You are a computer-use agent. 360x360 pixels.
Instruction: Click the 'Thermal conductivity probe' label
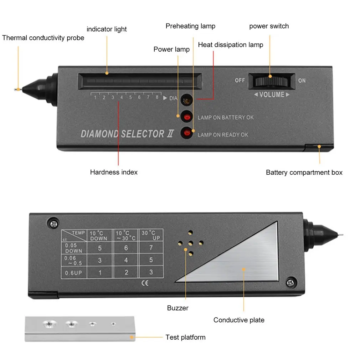click(x=43, y=38)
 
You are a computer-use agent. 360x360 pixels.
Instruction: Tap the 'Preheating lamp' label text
click(x=190, y=26)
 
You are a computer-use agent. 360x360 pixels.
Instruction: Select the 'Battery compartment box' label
click(x=304, y=173)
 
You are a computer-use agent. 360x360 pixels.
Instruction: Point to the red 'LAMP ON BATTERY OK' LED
click(x=186, y=116)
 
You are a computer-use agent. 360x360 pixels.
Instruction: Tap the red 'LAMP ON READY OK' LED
click(x=186, y=133)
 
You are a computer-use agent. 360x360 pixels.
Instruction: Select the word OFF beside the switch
click(x=240, y=80)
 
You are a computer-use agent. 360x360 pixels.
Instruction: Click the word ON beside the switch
click(x=302, y=80)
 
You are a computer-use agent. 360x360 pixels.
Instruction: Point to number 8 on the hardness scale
click(x=157, y=97)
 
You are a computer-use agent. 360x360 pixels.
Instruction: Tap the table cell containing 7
click(x=151, y=247)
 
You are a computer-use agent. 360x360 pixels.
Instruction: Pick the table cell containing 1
click(x=100, y=273)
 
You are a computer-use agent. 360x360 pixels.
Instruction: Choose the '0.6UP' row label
click(x=73, y=273)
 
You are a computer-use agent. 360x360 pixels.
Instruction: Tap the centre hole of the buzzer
click(x=191, y=243)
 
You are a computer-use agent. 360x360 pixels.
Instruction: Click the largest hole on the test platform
click(x=49, y=324)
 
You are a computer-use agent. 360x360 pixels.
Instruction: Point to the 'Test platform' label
click(x=185, y=337)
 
